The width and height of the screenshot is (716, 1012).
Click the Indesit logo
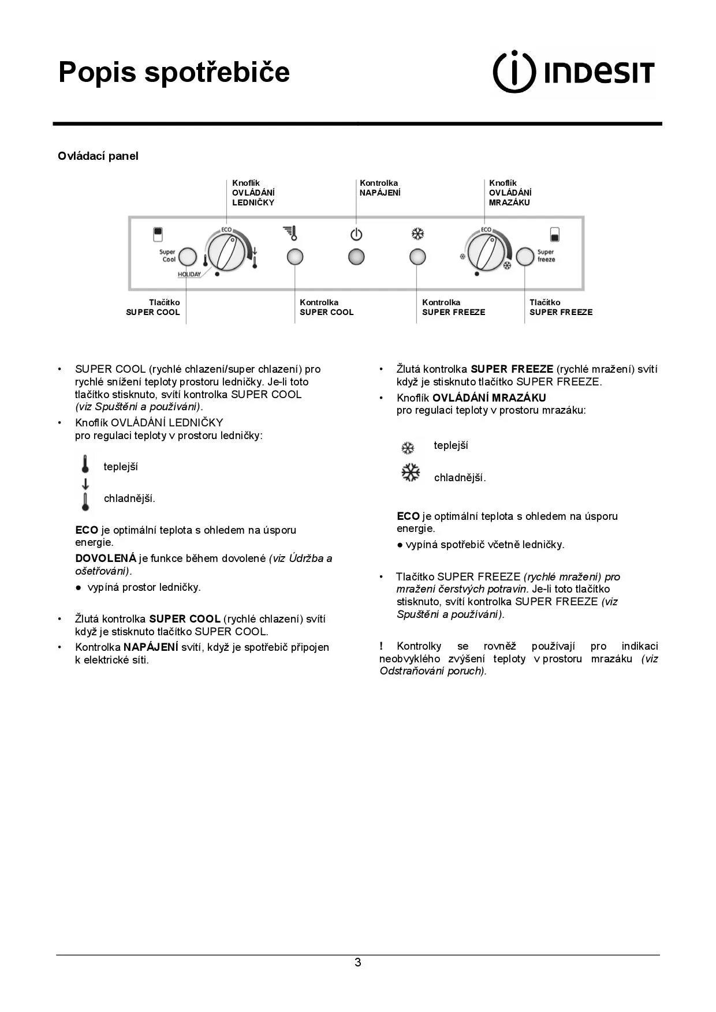coord(573,72)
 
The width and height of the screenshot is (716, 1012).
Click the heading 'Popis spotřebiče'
coord(174,72)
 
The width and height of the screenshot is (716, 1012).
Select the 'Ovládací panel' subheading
coord(98,156)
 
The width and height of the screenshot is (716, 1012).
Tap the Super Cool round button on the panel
coord(188,257)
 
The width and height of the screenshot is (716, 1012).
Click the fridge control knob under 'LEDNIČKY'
coord(226,253)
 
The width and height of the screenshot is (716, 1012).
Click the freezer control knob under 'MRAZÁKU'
coord(486,253)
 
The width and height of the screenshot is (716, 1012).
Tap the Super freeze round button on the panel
coord(525,257)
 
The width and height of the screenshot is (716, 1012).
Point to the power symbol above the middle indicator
coord(356,235)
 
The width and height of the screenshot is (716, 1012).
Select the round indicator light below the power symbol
coord(356,257)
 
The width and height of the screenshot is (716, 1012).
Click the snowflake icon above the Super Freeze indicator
coord(417,234)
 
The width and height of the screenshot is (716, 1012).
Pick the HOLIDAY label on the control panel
coord(189,274)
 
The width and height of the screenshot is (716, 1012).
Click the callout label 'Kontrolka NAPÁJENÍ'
coord(379,188)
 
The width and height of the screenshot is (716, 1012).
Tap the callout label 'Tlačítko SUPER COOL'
coord(153,308)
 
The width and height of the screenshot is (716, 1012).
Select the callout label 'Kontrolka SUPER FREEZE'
coord(453,308)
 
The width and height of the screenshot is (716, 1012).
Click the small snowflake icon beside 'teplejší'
coord(408,448)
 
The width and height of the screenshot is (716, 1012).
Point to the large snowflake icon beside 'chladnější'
coord(411,473)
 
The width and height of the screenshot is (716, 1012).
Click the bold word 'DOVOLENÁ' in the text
coord(106,559)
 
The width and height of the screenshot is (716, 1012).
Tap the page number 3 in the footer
coord(358,962)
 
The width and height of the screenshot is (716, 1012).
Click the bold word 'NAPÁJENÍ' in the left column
coord(151,647)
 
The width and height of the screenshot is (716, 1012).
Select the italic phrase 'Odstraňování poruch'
coord(431,671)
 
